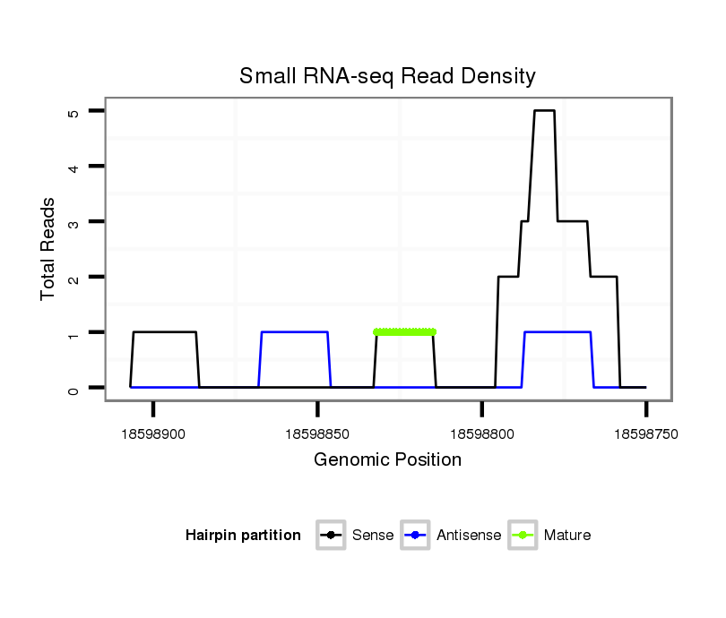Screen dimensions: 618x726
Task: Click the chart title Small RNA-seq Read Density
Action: [x=387, y=76]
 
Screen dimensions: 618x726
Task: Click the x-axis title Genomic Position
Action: [x=387, y=460]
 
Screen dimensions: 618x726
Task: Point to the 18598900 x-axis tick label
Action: [x=153, y=433]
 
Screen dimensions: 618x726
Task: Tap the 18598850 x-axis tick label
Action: [x=317, y=433]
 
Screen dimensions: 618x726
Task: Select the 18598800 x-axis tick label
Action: [x=481, y=433]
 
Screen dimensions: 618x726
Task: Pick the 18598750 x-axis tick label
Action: [x=645, y=433]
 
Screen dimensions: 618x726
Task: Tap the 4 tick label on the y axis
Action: [x=73, y=167]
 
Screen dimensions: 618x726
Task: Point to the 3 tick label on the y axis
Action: [x=73, y=222]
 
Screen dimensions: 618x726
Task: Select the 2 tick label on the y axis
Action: [x=73, y=278]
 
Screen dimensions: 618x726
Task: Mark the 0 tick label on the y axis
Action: [x=73, y=388]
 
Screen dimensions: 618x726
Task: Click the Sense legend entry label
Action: [x=373, y=536]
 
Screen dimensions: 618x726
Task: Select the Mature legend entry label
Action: [x=567, y=536]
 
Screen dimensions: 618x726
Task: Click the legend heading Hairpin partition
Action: [x=243, y=536]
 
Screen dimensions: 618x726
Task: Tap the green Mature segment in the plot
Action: [x=404, y=332]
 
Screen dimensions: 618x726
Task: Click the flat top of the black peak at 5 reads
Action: [x=544, y=111]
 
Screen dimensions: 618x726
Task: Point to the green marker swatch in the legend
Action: [x=523, y=536]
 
